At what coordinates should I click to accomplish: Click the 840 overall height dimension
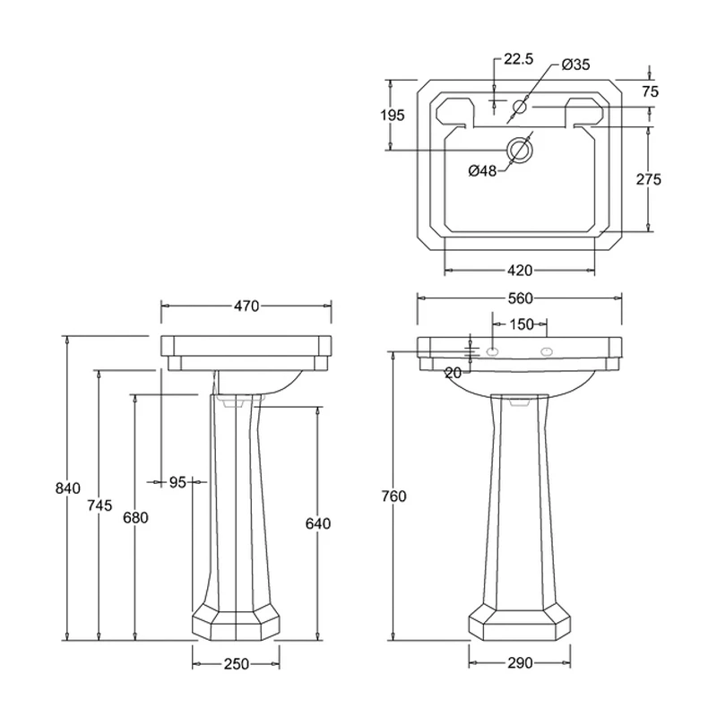tap(68, 488)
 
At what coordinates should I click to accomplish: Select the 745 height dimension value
tap(99, 505)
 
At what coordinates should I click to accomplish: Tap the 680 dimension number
tap(136, 518)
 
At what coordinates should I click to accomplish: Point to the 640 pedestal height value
tap(318, 523)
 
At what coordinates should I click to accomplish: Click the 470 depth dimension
tap(246, 306)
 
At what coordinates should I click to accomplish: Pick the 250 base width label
tap(237, 663)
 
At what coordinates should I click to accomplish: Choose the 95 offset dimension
tap(177, 482)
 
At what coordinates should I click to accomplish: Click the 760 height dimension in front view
tap(393, 497)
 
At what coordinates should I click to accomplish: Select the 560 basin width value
tap(521, 298)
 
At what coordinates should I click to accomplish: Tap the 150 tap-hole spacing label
tap(522, 324)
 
